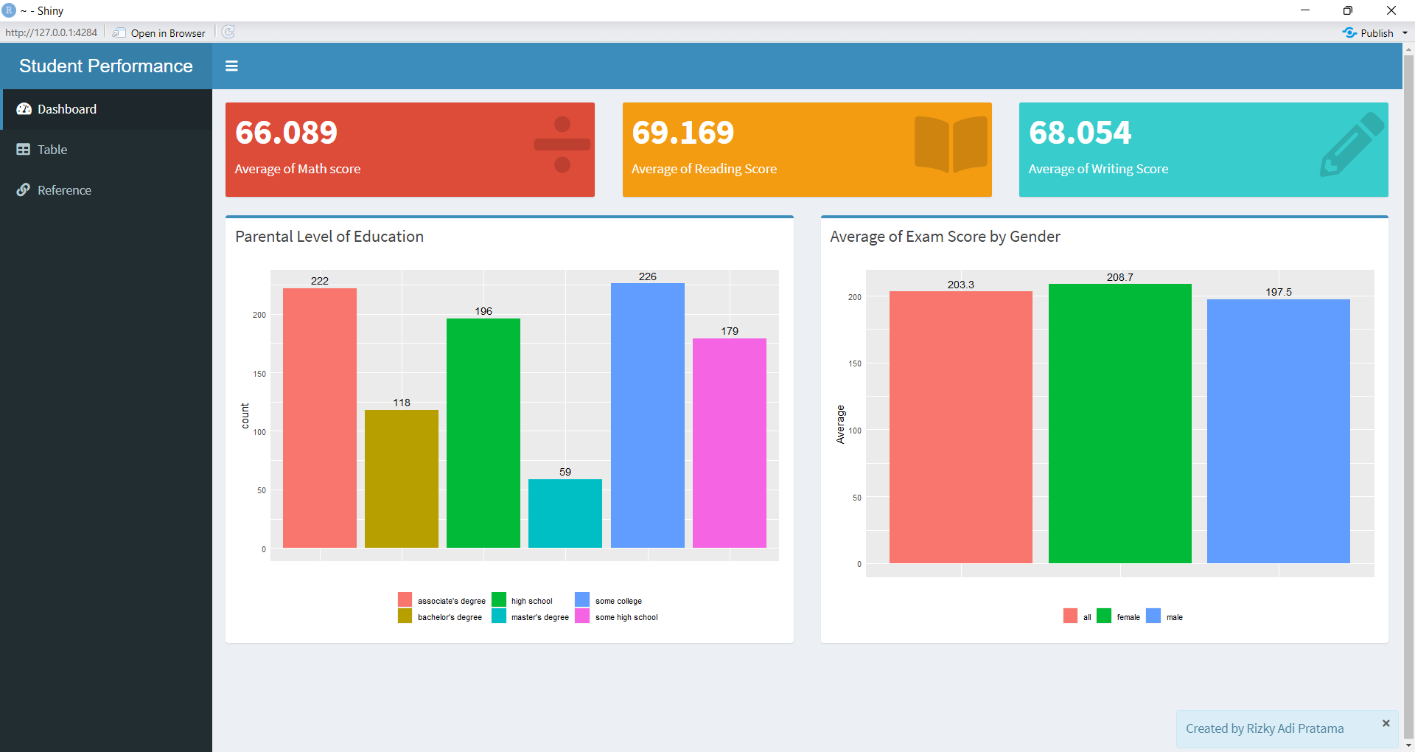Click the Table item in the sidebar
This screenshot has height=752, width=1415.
coord(52,150)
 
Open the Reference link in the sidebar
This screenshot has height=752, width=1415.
coord(63,190)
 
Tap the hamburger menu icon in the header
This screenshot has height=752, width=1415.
coord(231,66)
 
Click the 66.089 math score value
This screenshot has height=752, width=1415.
coord(286,133)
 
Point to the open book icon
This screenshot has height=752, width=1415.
coord(951,145)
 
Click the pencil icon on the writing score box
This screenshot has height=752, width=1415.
coord(1352,145)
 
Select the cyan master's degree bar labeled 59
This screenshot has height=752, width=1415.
coord(565,513)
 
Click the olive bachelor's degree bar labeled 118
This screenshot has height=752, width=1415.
coord(402,479)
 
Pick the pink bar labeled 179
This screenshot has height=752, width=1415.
coord(730,442)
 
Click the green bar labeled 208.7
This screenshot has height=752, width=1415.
coord(1119,424)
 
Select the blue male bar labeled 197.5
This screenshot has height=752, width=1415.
coord(1278,431)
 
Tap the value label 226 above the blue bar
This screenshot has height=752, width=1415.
coord(647,277)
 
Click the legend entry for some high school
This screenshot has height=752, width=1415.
coord(626,617)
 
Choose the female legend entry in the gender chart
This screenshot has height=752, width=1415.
coord(1128,617)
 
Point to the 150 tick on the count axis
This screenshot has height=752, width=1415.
coord(259,374)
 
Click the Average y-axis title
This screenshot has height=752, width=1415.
coord(840,425)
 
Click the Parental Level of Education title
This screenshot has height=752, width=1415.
coord(329,237)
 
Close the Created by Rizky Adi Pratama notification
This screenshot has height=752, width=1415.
coord(1386,723)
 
